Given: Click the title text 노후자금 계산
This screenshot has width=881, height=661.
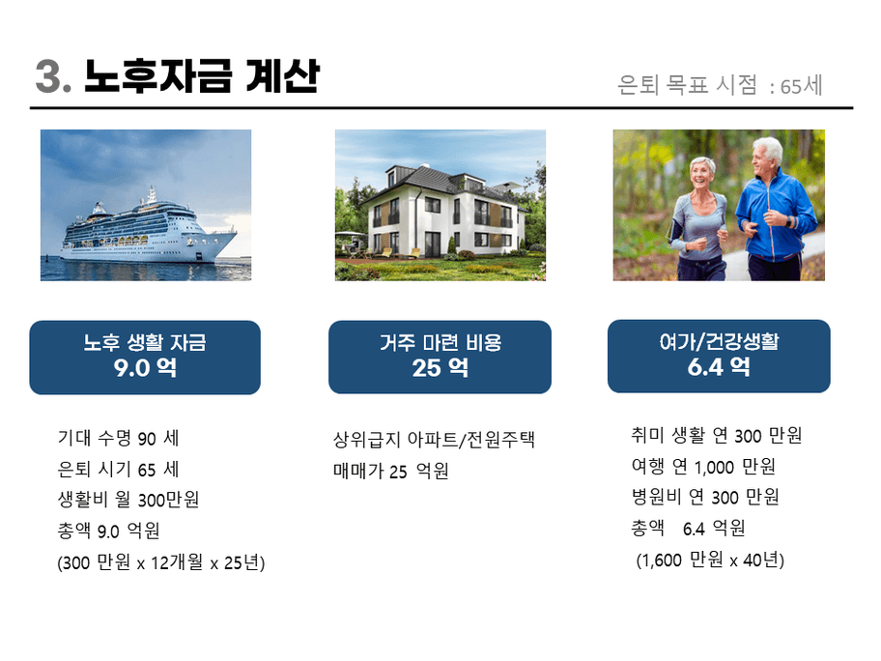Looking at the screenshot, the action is coord(202,76).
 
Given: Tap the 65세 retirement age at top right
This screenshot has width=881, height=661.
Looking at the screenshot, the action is coord(801,86).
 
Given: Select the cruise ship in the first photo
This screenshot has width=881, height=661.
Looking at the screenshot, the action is coord(149,230).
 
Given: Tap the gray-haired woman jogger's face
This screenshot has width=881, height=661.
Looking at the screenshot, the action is coord(701,175).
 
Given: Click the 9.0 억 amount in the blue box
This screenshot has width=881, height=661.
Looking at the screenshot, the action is coord(145,368).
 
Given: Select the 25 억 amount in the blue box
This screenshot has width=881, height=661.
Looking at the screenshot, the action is coord(440,368).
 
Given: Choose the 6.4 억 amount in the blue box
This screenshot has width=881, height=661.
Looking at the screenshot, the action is coord(719,367).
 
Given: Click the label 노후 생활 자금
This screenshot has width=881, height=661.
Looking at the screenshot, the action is coord(145,342).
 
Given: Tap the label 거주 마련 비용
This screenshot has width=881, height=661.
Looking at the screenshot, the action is coord(440,342).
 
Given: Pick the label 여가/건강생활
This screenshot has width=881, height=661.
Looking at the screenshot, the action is coord(719,341).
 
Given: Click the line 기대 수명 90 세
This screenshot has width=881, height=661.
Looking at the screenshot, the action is coord(118,439).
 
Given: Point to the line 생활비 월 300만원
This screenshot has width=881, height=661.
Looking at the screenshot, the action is coord(128,500).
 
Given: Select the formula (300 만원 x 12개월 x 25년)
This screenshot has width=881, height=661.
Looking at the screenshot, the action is coord(160,562).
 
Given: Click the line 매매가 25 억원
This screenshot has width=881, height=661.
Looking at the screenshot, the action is coord(391,471).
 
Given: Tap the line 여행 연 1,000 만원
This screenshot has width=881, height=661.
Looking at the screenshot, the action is coord(703,467).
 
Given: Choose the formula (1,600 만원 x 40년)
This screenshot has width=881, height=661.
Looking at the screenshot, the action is coord(710,560).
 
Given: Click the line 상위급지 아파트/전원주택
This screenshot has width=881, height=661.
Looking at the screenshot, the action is coord(434,440).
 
